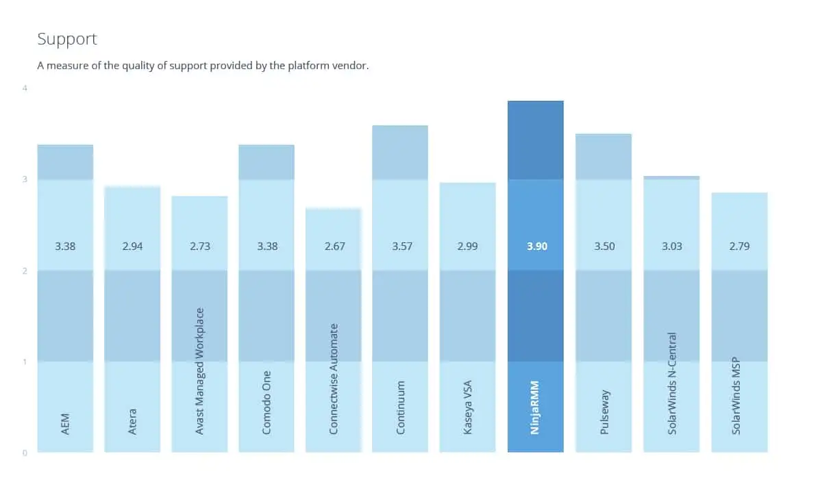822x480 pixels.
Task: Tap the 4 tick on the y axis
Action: (x=25, y=88)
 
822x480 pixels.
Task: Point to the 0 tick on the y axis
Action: (x=25, y=453)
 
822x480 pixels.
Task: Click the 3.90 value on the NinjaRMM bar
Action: (x=537, y=246)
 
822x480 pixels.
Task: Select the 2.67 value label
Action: (x=335, y=246)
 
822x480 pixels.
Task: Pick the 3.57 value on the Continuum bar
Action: (x=402, y=246)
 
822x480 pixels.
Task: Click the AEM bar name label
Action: (x=65, y=425)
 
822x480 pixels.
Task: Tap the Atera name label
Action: (x=132, y=422)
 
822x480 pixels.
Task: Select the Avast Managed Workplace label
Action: (x=199, y=371)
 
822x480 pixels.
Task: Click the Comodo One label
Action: (x=266, y=403)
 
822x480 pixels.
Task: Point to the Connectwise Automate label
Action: (x=333, y=379)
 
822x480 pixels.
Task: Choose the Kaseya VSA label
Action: (x=467, y=407)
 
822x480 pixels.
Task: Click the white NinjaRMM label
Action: (x=535, y=407)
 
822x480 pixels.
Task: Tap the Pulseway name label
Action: (x=604, y=412)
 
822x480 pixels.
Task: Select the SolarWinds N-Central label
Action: (x=671, y=383)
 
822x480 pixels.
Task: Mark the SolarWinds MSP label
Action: (x=736, y=396)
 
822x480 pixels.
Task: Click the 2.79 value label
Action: (x=739, y=246)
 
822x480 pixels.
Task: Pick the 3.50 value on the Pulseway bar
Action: (x=604, y=246)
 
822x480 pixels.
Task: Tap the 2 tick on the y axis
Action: (x=25, y=271)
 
